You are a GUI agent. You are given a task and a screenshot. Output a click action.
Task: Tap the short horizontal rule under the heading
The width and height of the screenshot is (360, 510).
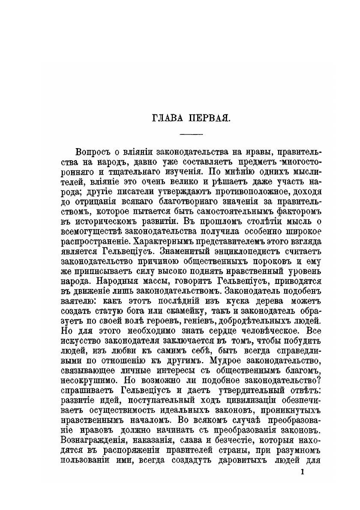(191, 135)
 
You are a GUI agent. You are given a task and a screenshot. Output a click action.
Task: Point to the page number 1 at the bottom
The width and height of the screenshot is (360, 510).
(303, 472)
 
